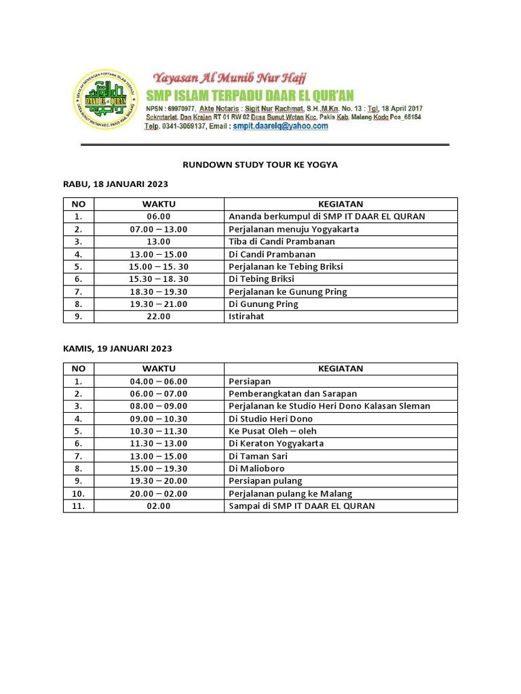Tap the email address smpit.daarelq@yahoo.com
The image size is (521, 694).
coord(280,126)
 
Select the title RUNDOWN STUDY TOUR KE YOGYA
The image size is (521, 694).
coord(260,165)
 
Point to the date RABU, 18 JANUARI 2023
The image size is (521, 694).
coord(115,184)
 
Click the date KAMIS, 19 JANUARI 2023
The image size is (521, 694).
coord(117,348)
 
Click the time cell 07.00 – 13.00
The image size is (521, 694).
coord(159,229)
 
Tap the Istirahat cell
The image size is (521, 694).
coord(246,317)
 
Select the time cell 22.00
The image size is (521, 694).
coord(159,317)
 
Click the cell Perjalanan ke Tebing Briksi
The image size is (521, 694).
coord(286,267)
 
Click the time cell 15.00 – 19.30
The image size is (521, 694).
coord(159,468)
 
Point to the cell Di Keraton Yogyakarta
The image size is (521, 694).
coord(276,443)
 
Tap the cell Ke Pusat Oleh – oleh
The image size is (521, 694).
coord(273,431)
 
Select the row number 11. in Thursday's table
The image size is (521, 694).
coord(79,506)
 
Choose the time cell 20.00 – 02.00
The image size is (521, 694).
coord(159,493)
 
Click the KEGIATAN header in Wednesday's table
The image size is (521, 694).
coord(341,204)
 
